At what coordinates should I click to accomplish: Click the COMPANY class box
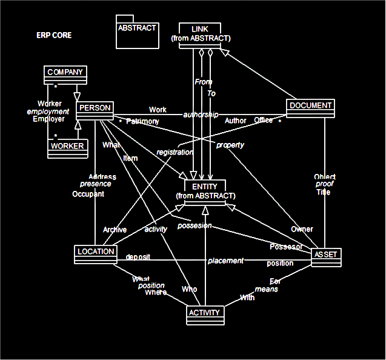(x=65, y=75)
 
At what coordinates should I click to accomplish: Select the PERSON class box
(x=95, y=110)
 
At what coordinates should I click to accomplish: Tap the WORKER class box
(x=67, y=148)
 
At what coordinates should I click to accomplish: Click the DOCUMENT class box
(x=310, y=107)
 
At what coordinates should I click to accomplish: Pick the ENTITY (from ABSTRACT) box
(x=205, y=191)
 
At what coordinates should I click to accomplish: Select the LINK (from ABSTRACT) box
(x=201, y=34)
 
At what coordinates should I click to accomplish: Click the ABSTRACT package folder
(x=137, y=32)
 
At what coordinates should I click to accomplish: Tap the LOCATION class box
(x=96, y=253)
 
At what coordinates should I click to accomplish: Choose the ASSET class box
(x=327, y=256)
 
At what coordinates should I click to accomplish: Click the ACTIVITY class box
(x=206, y=315)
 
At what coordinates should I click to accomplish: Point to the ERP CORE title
(x=54, y=35)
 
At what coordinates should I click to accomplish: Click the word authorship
(x=201, y=114)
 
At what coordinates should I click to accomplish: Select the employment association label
(x=48, y=112)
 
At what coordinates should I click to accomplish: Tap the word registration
(x=175, y=152)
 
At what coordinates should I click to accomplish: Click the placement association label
(x=225, y=261)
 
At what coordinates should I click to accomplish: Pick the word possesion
(x=195, y=225)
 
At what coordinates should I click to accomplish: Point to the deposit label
(x=138, y=257)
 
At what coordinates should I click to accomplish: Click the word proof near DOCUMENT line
(x=324, y=184)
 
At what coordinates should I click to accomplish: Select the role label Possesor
(x=285, y=247)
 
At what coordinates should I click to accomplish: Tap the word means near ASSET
(x=267, y=289)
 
